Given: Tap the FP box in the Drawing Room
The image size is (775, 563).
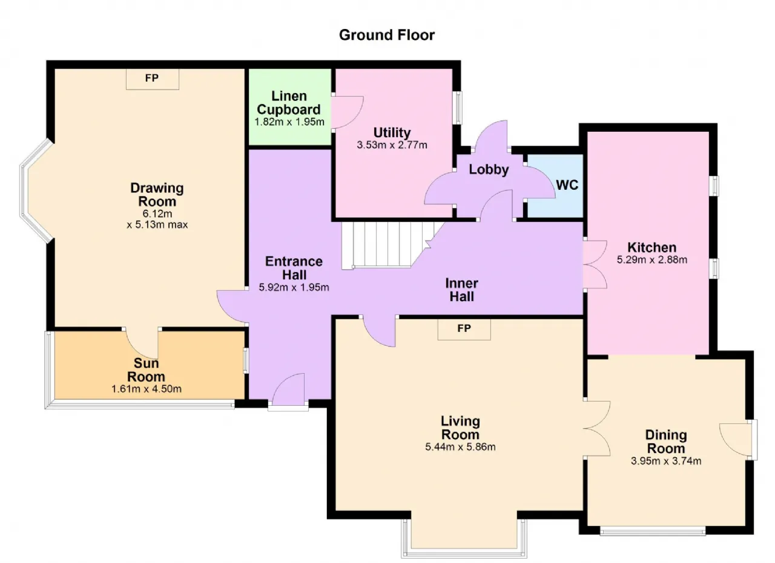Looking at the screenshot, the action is (x=152, y=79).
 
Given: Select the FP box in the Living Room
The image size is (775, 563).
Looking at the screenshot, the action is (x=464, y=329).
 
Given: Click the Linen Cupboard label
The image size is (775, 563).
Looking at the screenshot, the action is (x=289, y=103).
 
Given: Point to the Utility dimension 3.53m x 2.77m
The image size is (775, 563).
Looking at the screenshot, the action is (x=392, y=145).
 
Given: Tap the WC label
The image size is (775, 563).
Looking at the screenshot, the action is (x=567, y=185).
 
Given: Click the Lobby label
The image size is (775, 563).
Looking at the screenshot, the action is (x=489, y=169).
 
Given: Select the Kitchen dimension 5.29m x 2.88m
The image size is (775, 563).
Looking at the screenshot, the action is (x=652, y=259).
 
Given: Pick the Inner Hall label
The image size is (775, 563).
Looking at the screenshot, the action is (x=461, y=290).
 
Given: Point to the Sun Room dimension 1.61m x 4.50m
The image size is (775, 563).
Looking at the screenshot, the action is (x=147, y=389).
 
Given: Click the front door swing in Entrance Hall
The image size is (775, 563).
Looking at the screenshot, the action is (x=289, y=389).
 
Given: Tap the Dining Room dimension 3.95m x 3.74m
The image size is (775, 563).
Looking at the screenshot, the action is (x=666, y=461).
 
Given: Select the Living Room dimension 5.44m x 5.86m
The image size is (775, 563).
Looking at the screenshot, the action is (x=460, y=447).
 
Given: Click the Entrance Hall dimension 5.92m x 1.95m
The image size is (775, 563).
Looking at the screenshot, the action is (x=294, y=287).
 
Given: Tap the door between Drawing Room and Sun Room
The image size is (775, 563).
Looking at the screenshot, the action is (x=142, y=343).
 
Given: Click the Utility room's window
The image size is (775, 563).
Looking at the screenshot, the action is (x=458, y=108).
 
